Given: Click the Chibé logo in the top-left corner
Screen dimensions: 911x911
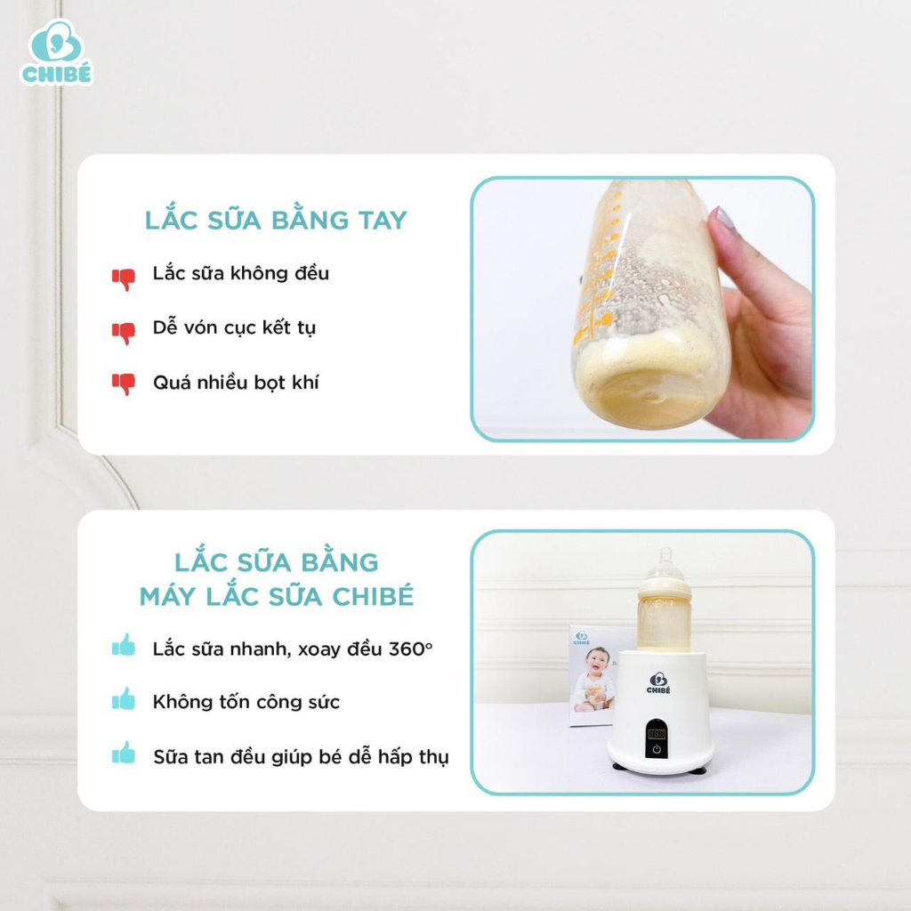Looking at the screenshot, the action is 56,52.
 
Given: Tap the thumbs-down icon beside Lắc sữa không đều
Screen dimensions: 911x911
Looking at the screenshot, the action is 124,278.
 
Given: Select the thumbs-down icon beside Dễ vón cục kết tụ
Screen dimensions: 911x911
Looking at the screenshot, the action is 124,333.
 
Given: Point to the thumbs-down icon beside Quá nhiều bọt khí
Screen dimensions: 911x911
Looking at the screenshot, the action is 124,384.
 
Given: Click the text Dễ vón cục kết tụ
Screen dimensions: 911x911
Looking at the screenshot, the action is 234,327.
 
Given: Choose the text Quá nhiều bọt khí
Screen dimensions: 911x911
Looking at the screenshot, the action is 236,383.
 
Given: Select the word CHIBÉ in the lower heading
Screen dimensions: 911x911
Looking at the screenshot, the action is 373,597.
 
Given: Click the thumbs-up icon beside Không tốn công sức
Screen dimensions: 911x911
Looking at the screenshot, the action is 124,699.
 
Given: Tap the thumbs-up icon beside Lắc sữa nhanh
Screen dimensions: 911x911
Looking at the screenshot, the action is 124,645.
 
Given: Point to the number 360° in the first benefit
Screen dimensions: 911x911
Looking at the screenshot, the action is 411,649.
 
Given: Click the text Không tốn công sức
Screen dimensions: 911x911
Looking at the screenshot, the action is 246,702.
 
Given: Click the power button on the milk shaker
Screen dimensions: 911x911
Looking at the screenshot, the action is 657,749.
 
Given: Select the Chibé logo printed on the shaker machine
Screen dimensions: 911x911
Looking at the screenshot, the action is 658,683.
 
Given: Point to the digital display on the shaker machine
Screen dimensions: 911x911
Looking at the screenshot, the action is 657,734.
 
